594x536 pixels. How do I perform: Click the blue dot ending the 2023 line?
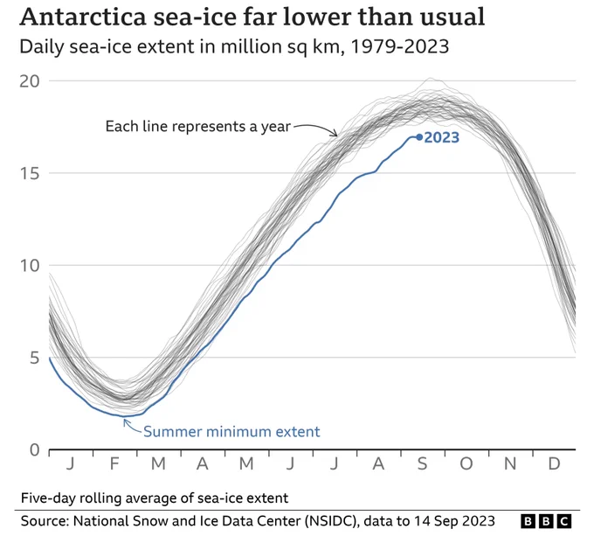(x=419, y=137)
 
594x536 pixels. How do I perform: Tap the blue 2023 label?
(x=441, y=137)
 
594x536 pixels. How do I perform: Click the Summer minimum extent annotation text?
(x=231, y=431)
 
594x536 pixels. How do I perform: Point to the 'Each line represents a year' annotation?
(x=197, y=126)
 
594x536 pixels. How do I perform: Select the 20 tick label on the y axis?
(x=29, y=80)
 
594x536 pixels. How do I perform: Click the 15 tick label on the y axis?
(x=29, y=173)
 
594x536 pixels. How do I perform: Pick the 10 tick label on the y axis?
(x=29, y=265)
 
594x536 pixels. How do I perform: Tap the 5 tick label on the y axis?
(x=34, y=358)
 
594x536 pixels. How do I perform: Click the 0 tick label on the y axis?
(x=34, y=450)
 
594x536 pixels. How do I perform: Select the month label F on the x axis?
(x=114, y=463)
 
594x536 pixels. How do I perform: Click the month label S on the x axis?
(x=423, y=463)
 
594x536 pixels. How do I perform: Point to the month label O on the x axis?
(x=466, y=463)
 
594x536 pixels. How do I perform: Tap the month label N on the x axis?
(x=510, y=463)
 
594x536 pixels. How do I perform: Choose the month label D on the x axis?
(x=554, y=463)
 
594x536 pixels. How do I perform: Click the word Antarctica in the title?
(x=83, y=17)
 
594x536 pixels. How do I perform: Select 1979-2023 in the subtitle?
(x=400, y=46)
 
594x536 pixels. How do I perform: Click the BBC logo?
(x=546, y=521)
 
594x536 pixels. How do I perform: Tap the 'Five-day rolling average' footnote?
(x=155, y=498)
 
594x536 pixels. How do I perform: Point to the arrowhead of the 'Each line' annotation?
(x=335, y=133)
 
